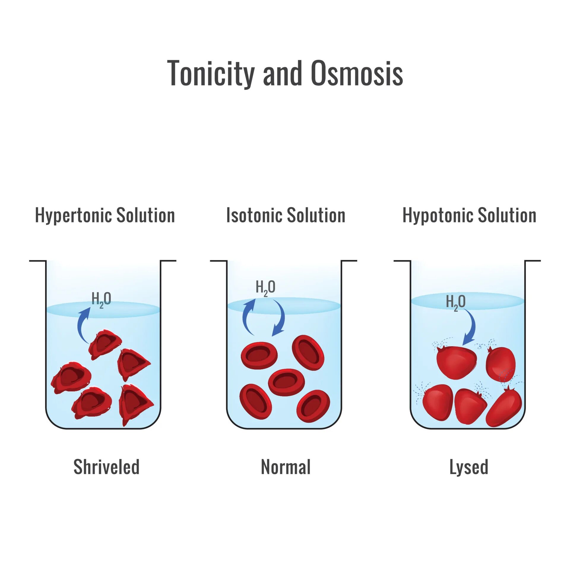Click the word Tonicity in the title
point(211,73)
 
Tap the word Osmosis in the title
point(357,73)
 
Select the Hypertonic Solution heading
point(105,215)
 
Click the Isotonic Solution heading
point(286,215)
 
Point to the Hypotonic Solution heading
point(469,215)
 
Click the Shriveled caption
point(106,467)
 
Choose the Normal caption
point(286,467)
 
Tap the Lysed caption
point(469,467)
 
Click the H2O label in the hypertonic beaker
point(101,299)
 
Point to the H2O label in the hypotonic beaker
point(456,302)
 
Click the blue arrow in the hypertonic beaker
point(83,325)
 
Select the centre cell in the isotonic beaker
point(286,382)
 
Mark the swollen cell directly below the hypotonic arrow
point(456,362)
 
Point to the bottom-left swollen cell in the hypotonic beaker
point(438,402)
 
